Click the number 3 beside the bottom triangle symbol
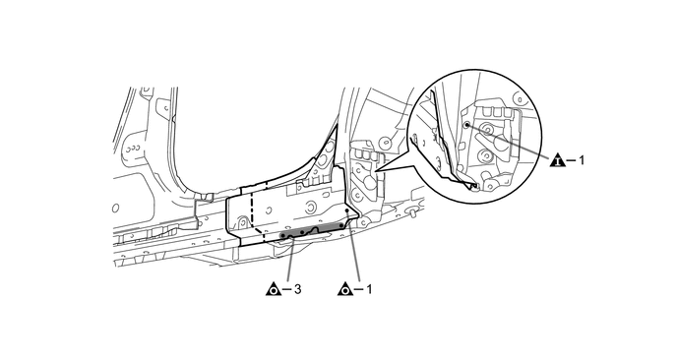pos(297,289)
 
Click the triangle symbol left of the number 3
pos(273,289)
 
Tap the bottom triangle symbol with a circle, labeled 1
pos(344,289)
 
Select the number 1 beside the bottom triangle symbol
pos(369,289)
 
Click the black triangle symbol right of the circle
pos(558,160)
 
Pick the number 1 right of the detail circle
pos(582,160)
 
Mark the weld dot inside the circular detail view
pos(466,124)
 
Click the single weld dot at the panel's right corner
pos(347,210)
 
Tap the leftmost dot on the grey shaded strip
pos(282,236)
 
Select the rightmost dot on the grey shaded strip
pos(341,225)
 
